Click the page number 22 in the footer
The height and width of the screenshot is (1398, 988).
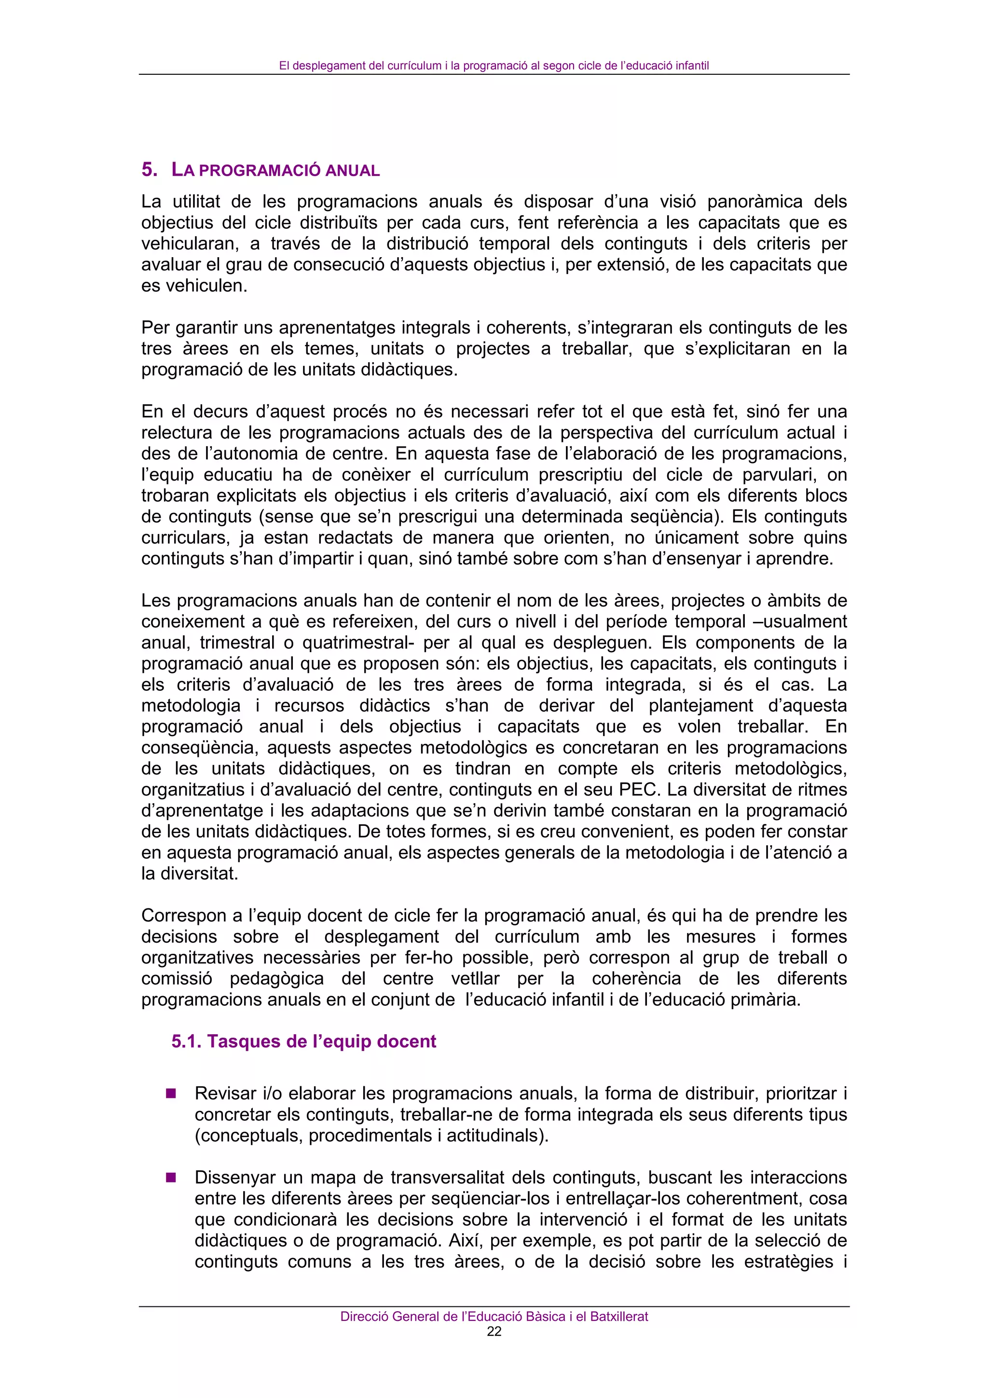494,1331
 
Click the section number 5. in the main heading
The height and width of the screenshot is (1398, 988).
149,170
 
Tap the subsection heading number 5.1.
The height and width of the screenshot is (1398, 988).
186,1041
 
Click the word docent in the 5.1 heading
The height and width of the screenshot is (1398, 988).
406,1041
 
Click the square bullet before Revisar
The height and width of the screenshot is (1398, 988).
171,1094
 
